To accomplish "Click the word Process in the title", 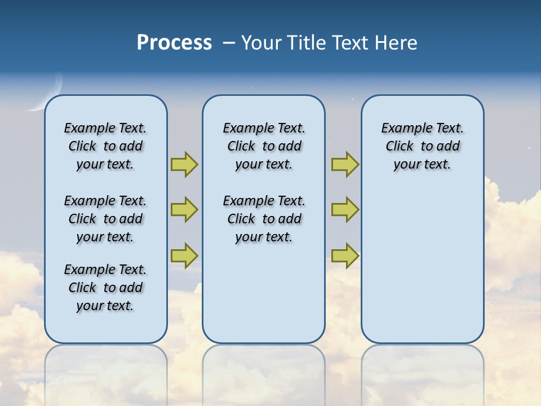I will coord(174,43).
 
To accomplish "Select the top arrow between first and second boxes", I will coord(184,164).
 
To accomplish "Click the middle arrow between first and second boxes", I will coord(184,210).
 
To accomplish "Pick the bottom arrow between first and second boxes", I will coord(184,255).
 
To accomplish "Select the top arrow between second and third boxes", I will coord(345,164).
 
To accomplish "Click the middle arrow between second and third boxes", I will coord(345,210).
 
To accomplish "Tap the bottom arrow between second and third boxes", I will coord(345,255).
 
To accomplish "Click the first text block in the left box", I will coord(105,146).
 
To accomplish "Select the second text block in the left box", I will coord(105,219).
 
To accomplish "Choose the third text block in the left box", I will coord(105,288).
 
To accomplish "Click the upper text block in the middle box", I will coord(264,146).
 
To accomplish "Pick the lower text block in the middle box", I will coord(264,219).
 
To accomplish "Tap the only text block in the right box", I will coord(422,146).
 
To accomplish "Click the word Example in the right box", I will coord(401,128).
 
